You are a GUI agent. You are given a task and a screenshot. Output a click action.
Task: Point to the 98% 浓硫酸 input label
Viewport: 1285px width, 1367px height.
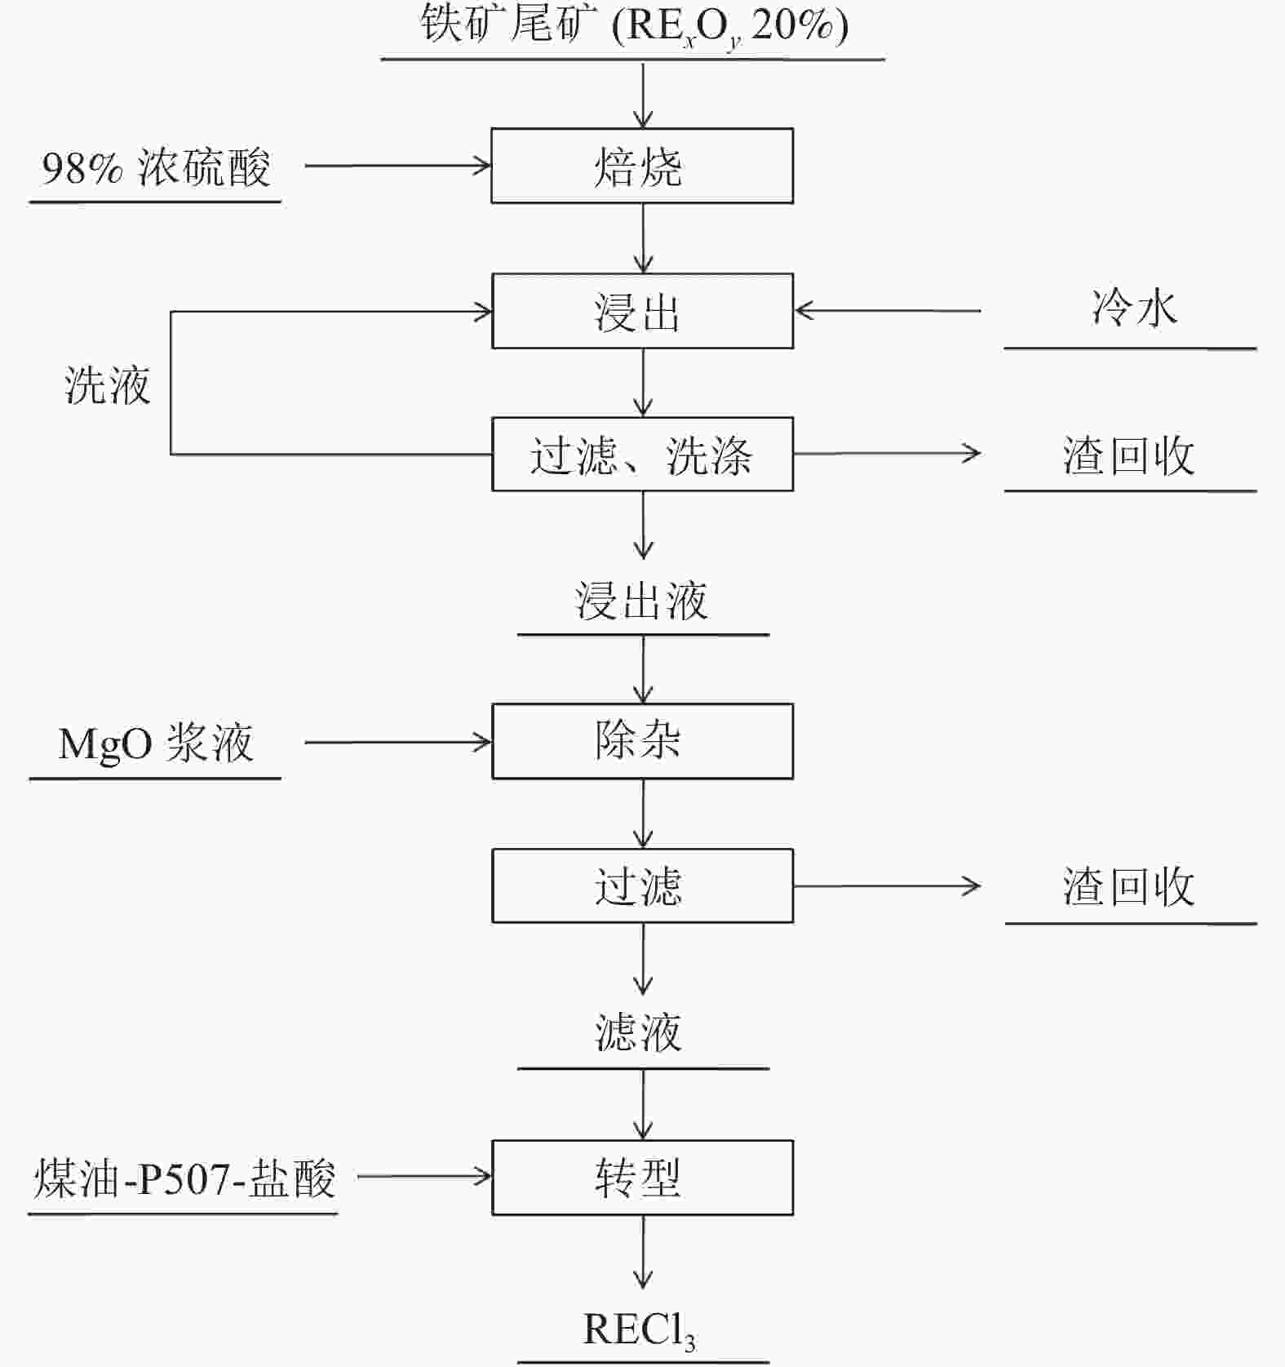click(x=156, y=168)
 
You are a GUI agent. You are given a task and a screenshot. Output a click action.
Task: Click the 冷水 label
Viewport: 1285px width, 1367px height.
click(x=1135, y=308)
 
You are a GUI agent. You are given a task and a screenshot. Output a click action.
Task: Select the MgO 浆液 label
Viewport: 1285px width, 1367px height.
click(x=156, y=743)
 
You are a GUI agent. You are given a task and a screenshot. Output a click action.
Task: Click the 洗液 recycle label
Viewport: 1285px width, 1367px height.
click(x=108, y=384)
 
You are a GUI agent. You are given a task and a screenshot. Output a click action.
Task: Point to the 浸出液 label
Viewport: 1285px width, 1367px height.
click(x=642, y=601)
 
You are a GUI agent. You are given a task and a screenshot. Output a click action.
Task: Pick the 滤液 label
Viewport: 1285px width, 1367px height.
click(x=638, y=1032)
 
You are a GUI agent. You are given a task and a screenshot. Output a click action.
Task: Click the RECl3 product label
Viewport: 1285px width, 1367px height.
click(x=640, y=1330)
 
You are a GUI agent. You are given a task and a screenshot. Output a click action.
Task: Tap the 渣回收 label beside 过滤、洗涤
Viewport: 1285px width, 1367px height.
click(x=1129, y=455)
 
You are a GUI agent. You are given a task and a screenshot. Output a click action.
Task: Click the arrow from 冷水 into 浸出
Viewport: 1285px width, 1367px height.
click(x=888, y=311)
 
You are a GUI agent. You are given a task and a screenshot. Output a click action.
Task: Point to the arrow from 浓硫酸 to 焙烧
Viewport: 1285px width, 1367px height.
click(x=398, y=166)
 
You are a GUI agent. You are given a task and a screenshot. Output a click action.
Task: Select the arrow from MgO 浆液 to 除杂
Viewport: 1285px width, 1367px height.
click(x=398, y=742)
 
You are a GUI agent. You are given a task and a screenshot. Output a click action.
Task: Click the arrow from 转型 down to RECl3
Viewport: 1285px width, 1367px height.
click(x=643, y=1252)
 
